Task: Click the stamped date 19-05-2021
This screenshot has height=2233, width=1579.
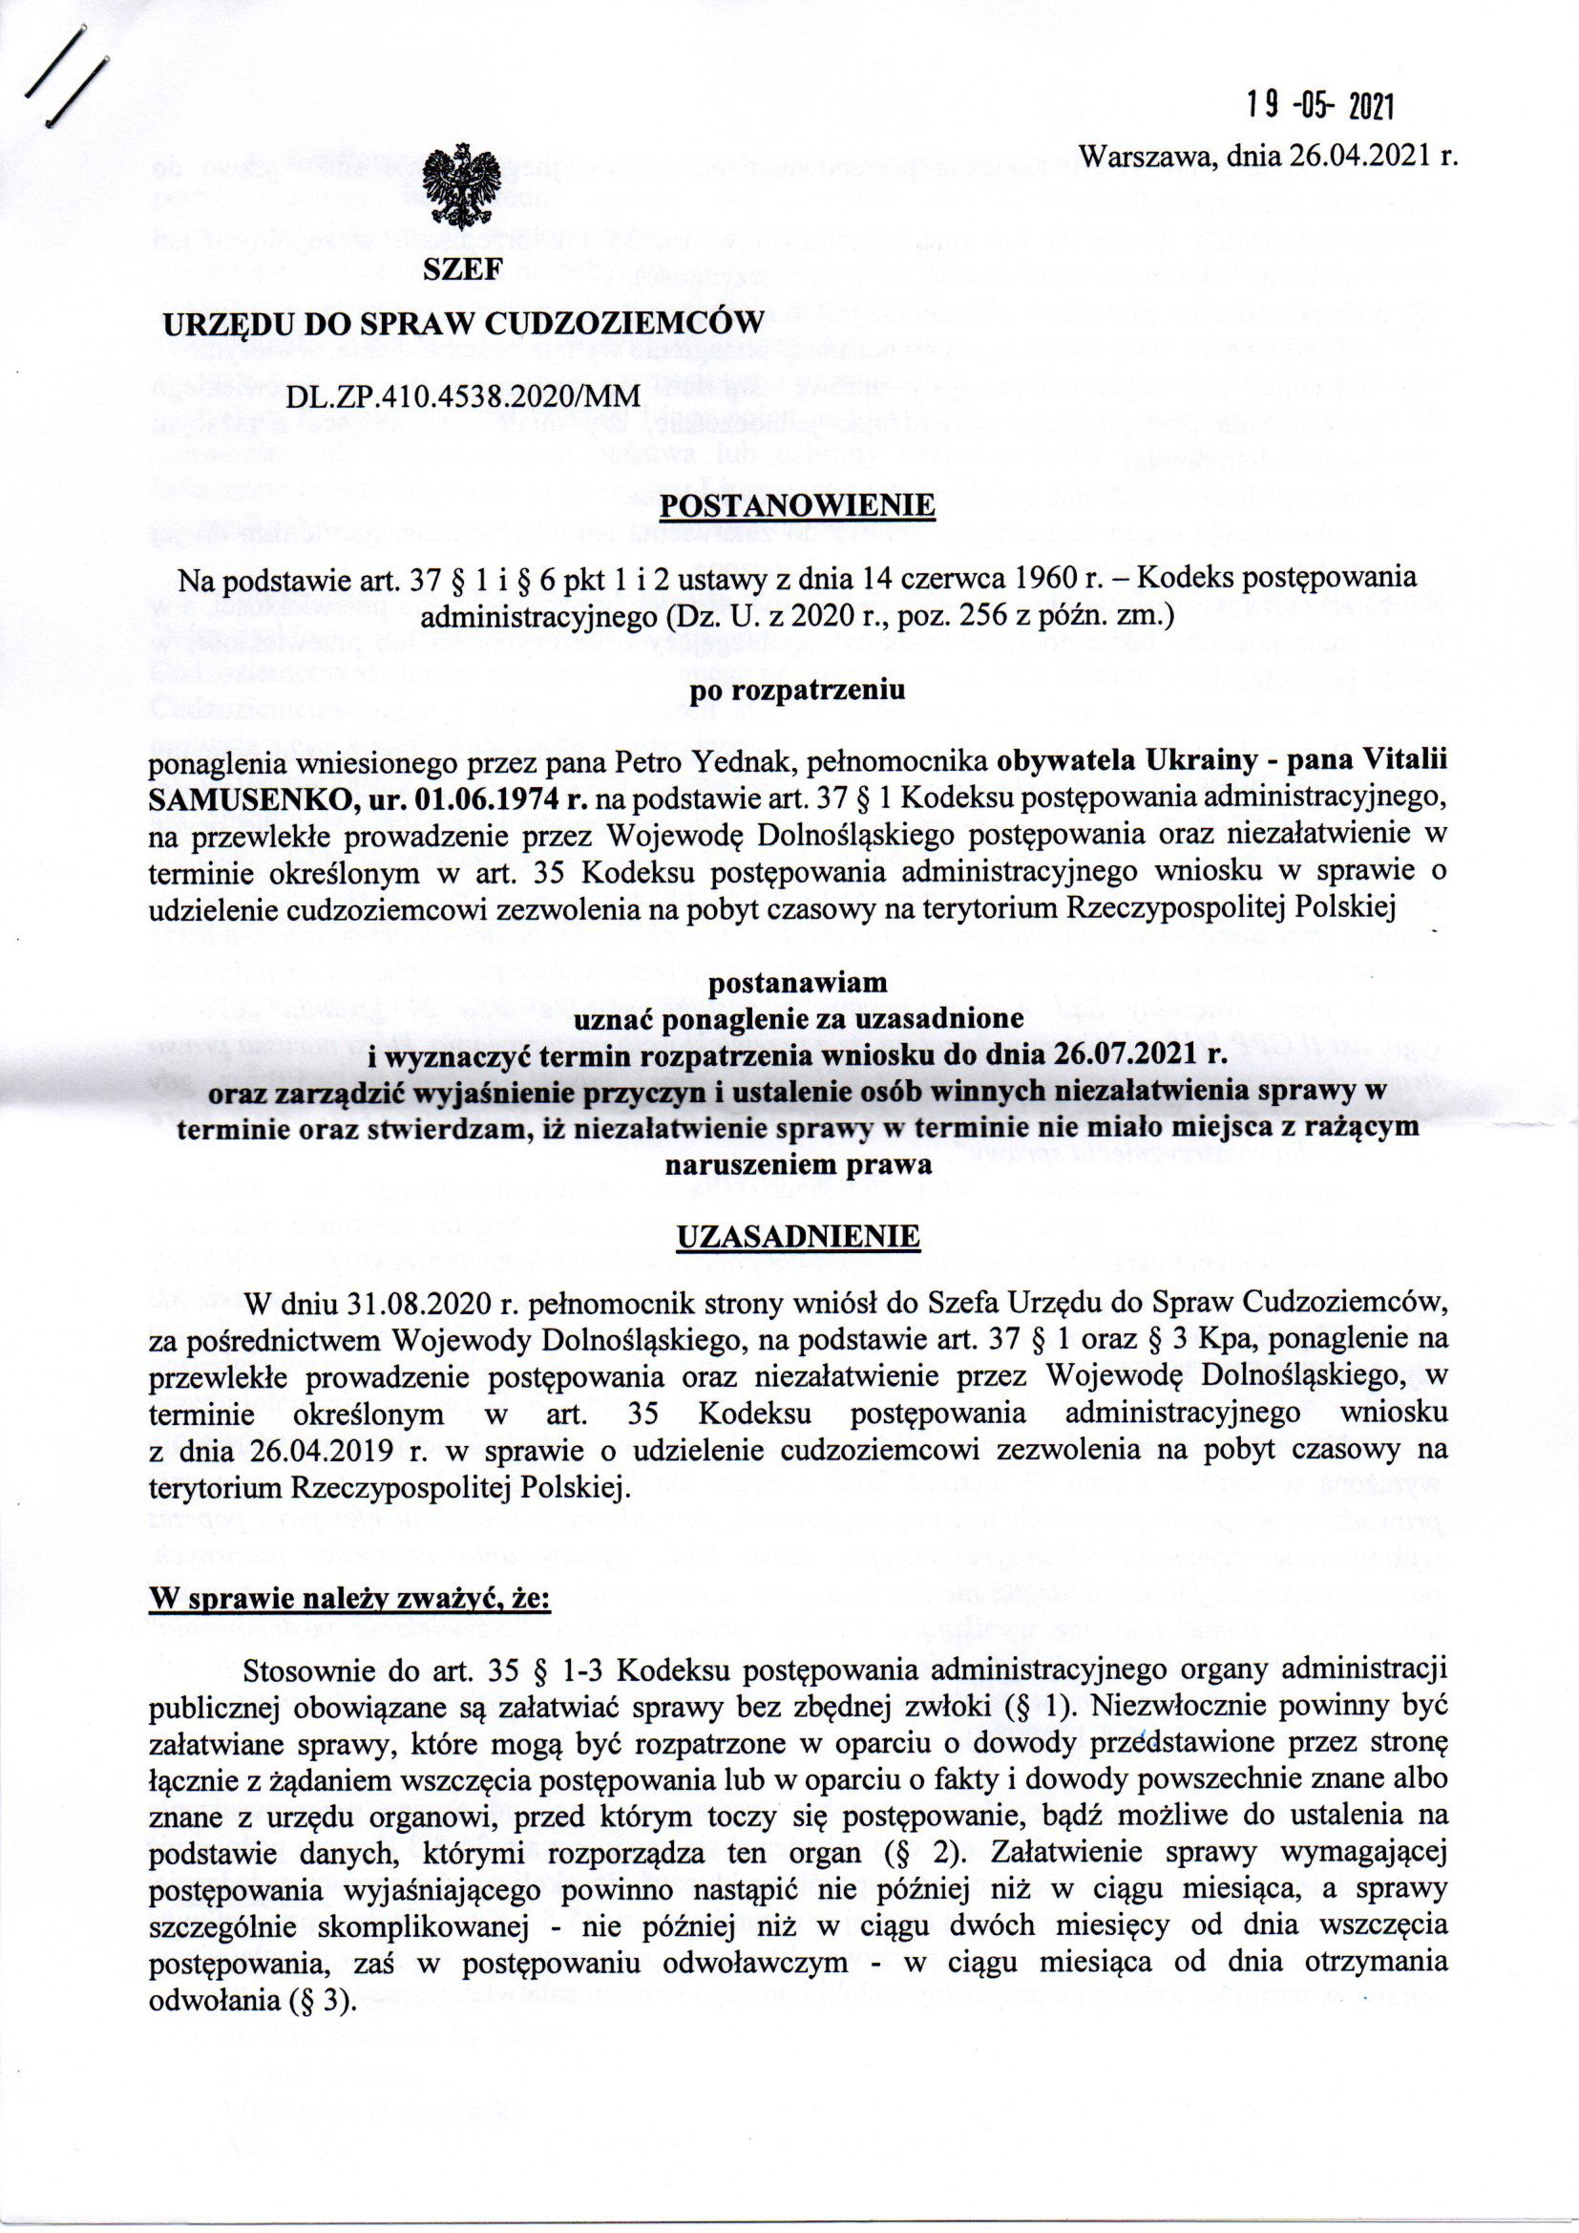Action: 1321,105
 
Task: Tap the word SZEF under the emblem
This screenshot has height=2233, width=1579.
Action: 462,272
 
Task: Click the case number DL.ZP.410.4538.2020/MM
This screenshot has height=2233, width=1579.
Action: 463,394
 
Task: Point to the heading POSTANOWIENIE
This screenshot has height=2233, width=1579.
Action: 797,508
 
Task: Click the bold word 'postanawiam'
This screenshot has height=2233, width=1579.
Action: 797,982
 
